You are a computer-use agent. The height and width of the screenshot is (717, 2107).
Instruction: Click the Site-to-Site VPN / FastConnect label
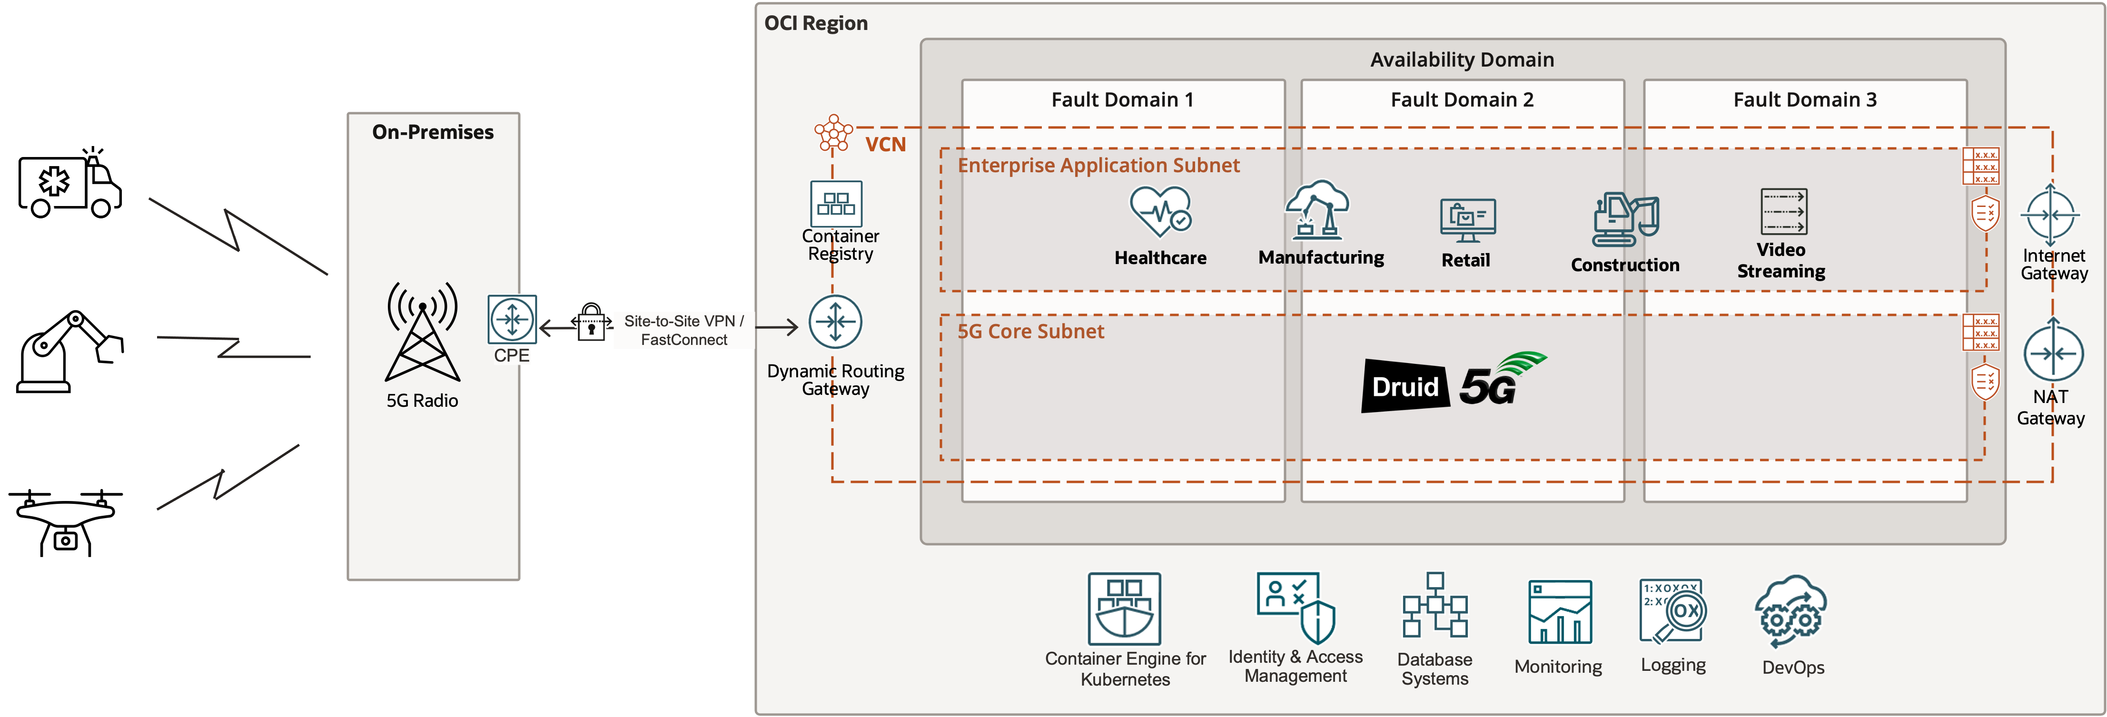(684, 330)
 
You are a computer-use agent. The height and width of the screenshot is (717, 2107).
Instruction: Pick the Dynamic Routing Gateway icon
(835, 322)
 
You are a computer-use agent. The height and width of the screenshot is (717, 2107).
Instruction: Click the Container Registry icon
(836, 204)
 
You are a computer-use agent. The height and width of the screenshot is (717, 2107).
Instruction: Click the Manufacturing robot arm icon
(1317, 210)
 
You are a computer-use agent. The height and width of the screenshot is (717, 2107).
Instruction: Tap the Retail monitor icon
(1467, 220)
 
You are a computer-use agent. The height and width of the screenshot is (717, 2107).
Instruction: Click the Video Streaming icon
(1783, 212)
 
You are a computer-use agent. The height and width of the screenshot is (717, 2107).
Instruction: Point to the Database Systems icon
(1434, 606)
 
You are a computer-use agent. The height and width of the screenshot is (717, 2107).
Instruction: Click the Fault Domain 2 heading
(1462, 100)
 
